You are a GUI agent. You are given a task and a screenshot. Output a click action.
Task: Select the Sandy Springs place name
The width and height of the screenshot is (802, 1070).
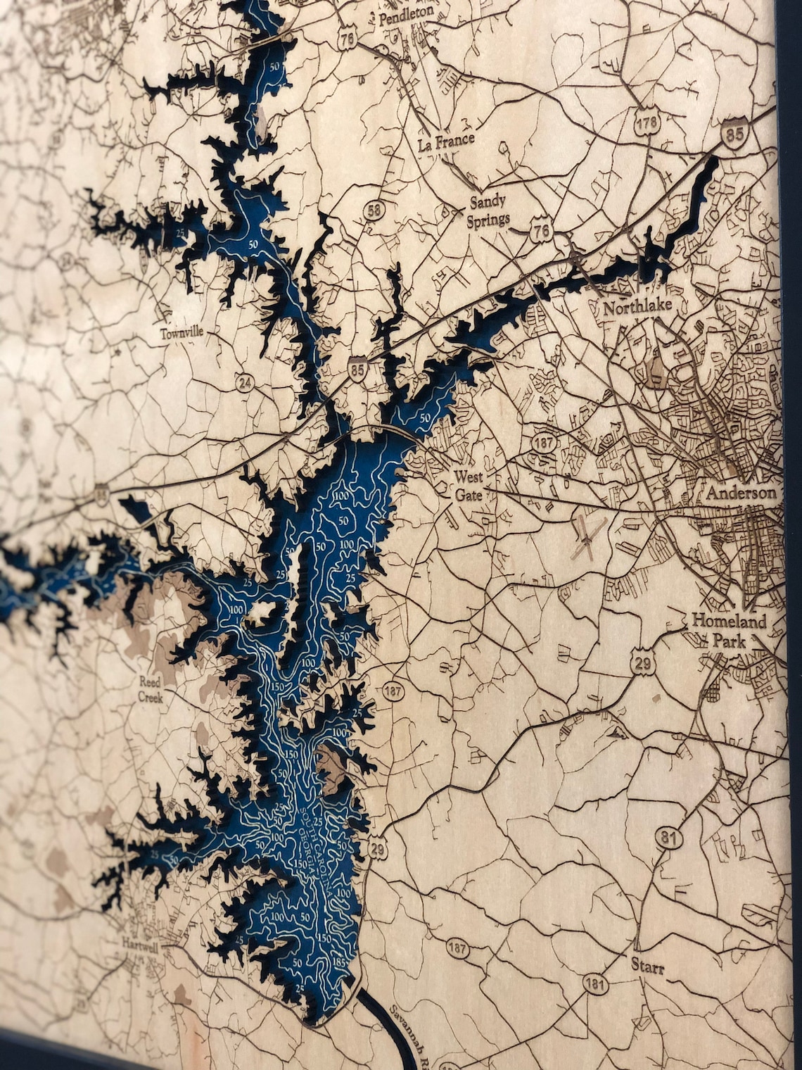click(488, 210)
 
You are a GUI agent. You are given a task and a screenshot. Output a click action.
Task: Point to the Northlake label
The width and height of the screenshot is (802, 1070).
click(637, 306)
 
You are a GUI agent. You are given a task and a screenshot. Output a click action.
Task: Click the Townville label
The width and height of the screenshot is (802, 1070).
click(181, 333)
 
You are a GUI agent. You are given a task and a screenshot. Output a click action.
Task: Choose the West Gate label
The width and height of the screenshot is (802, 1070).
click(469, 485)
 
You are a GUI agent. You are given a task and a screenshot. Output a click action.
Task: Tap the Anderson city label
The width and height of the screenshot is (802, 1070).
click(742, 493)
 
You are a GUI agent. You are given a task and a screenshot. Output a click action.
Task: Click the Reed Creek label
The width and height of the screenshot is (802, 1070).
click(151, 690)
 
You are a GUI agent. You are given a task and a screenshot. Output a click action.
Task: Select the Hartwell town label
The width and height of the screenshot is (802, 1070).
click(141, 942)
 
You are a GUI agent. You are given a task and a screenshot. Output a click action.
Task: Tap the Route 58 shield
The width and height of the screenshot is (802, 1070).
click(374, 210)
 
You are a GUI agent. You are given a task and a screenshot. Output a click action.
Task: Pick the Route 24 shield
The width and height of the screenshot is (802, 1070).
click(245, 383)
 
